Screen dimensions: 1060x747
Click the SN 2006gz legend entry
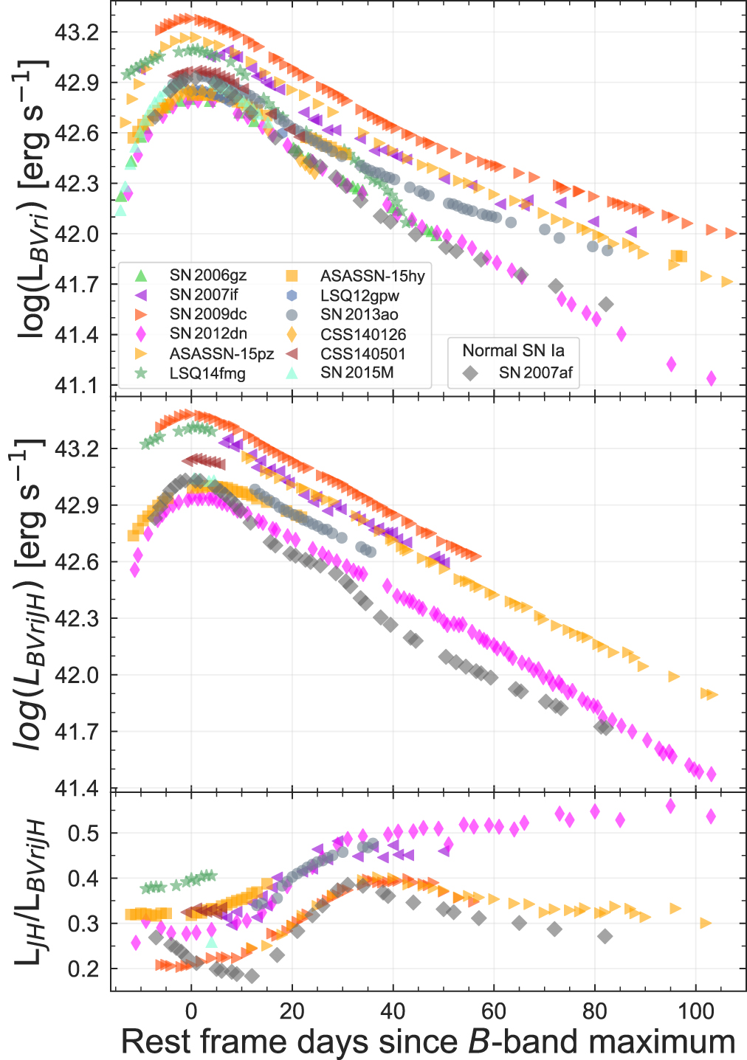(207, 276)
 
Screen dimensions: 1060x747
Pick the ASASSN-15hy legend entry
(372, 276)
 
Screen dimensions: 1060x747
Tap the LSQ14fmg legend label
(207, 373)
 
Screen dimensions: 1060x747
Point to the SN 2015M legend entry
(357, 373)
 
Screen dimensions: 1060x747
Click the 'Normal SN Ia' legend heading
(513, 350)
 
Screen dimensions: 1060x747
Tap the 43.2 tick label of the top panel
(77, 32)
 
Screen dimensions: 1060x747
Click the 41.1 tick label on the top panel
(77, 385)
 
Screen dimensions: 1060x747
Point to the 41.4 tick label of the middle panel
(77, 789)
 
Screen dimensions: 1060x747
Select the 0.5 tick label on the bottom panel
(83, 834)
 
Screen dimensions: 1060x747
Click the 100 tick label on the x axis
(695, 1011)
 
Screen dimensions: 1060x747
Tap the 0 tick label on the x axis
(191, 1011)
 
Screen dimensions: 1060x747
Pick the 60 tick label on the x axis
(494, 1011)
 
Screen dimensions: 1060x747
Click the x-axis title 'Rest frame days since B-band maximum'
(428, 1042)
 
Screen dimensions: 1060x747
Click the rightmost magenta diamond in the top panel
(712, 378)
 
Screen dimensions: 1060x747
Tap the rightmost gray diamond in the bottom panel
(605, 936)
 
